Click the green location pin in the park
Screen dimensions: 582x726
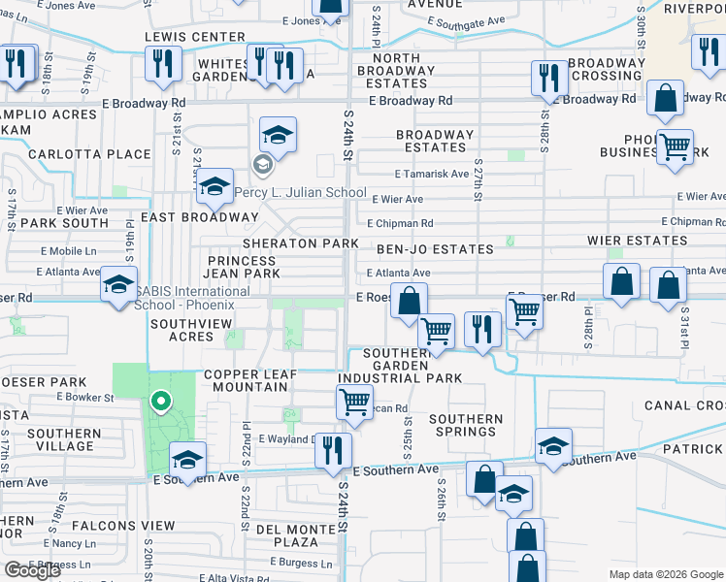point(161,400)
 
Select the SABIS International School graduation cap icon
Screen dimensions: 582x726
point(118,284)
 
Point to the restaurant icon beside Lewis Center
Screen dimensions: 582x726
point(162,63)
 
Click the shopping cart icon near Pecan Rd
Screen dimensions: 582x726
point(354,400)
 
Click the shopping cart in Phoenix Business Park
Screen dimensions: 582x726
point(675,147)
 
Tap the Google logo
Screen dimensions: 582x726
point(32,570)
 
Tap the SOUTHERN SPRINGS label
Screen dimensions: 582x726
point(466,427)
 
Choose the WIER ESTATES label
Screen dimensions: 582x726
point(637,240)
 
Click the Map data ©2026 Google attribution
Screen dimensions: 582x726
point(665,574)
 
